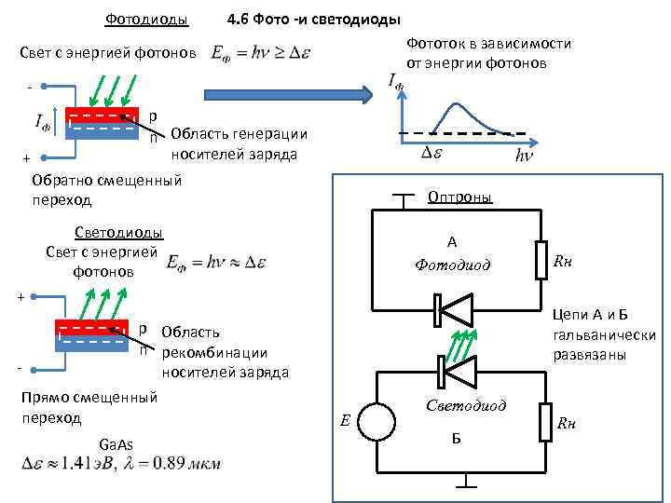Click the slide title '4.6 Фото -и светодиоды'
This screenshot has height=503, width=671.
314,20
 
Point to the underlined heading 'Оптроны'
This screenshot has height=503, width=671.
459,197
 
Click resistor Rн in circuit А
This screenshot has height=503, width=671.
541,260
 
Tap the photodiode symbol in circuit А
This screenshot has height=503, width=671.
457,309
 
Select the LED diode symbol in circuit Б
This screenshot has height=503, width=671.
457,371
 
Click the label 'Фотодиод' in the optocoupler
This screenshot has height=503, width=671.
451,265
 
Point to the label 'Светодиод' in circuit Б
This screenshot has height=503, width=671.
466,405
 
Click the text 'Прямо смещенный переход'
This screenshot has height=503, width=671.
89,408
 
